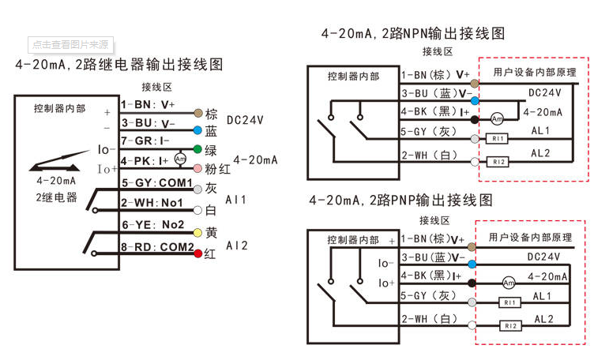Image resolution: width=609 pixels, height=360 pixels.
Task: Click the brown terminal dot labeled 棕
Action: pos(197,114)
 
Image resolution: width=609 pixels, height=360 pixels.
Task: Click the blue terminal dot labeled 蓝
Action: pos(197,130)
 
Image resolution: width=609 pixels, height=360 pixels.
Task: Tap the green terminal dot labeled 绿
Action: pos(197,149)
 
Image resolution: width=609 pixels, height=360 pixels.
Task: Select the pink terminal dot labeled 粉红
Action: pos(197,168)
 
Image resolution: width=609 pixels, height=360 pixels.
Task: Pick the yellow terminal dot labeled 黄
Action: pos(197,233)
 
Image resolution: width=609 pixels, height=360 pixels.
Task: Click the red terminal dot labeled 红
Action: pos(197,253)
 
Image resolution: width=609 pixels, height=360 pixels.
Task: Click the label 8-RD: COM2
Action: pos(157,247)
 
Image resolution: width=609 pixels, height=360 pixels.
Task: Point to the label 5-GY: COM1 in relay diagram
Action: pos(156,183)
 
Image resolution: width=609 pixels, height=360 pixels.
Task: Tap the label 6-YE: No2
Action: pos(152,225)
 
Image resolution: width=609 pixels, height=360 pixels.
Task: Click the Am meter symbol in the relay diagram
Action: pos(179,159)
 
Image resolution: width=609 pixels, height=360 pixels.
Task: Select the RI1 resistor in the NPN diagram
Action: pos(498,139)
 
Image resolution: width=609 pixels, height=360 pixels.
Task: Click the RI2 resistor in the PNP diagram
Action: pos(510,325)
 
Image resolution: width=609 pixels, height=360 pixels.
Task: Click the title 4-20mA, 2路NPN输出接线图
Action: pos(412,34)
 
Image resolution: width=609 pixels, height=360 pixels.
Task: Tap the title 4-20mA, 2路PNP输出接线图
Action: pos(400,199)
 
